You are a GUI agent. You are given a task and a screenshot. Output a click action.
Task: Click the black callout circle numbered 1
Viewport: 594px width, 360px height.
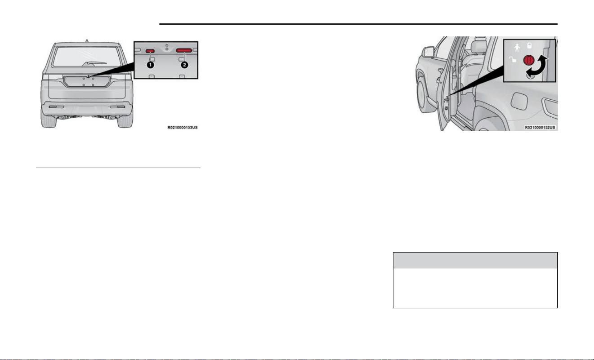pyautogui.click(x=150, y=65)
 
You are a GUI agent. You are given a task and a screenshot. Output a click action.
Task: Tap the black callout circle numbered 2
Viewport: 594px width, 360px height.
pyautogui.click(x=184, y=65)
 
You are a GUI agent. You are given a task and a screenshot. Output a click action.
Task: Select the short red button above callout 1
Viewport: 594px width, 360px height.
pyautogui.click(x=150, y=51)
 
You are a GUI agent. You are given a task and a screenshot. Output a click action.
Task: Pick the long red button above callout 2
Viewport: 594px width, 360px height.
pyautogui.click(x=184, y=50)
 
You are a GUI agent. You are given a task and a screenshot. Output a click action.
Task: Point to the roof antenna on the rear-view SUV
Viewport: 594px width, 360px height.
pyautogui.click(x=87, y=41)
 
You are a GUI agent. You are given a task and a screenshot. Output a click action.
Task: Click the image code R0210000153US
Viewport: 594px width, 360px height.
pyautogui.click(x=183, y=128)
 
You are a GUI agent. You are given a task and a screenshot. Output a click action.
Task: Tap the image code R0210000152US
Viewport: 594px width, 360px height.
pyautogui.click(x=540, y=128)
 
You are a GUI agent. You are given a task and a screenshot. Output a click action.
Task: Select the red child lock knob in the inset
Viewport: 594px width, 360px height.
pyautogui.click(x=528, y=60)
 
